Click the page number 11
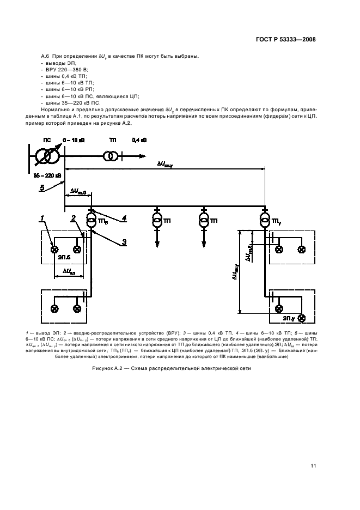(x=313, y=465)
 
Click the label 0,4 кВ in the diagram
(x=139, y=141)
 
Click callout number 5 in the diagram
(x=41, y=188)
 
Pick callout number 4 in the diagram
(x=124, y=218)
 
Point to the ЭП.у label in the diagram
(x=289, y=318)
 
